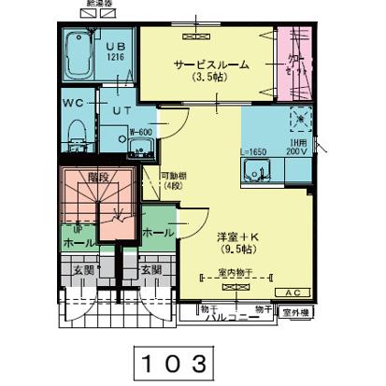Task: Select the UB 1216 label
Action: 115,50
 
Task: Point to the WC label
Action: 74,102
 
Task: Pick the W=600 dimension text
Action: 140,132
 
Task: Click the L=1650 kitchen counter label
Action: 255,150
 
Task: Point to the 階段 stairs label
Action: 99,176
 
